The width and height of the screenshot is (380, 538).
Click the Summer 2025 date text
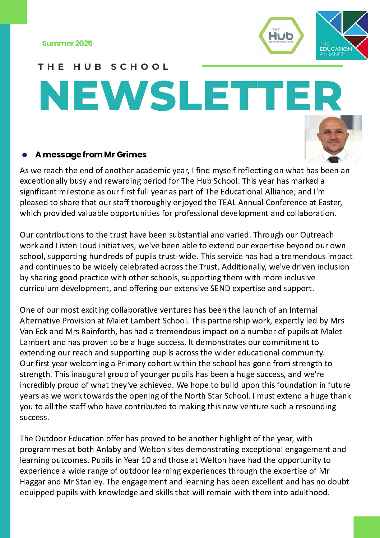click(67, 43)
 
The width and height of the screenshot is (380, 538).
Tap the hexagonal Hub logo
click(281, 36)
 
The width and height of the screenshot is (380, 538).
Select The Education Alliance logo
click(342, 36)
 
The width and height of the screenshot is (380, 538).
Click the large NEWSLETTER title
click(190, 96)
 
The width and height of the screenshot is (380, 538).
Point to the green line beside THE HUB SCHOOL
click(273, 66)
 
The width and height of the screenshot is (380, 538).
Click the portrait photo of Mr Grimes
click(333, 139)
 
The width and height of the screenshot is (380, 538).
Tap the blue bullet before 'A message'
click(25, 155)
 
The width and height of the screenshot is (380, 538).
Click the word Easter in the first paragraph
click(330, 202)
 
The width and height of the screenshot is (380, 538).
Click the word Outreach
click(317, 235)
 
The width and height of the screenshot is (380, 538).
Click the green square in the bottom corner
click(366, 527)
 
